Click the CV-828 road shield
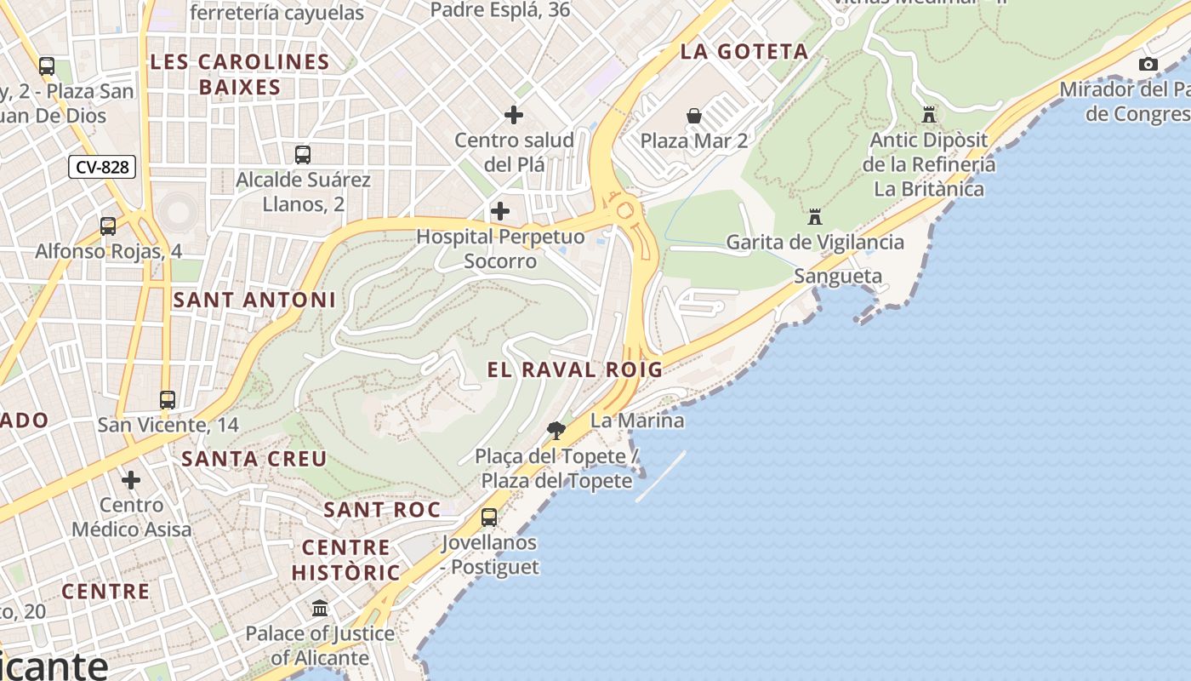pos(102,167)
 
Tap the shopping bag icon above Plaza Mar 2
pos(694,116)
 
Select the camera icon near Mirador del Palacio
pos(1148,64)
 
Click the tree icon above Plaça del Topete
pos(556,430)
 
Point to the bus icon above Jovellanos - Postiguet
pos(489,517)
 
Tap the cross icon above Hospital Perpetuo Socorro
pos(500,211)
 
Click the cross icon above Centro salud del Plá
pos(514,114)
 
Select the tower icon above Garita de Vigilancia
pos(815,216)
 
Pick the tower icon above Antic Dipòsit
pos(929,114)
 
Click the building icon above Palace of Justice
pos(320,608)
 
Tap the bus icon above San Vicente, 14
pos(168,399)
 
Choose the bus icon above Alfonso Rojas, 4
pos(108,226)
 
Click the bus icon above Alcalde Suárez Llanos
pos(303,154)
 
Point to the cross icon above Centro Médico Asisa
pos(131,480)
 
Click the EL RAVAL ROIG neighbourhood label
pos(574,369)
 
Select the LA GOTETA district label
pos(744,52)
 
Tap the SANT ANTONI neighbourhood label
pos(254,300)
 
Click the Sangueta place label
pos(838,276)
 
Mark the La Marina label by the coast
pos(637,421)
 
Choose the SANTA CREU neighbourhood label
pos(254,459)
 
